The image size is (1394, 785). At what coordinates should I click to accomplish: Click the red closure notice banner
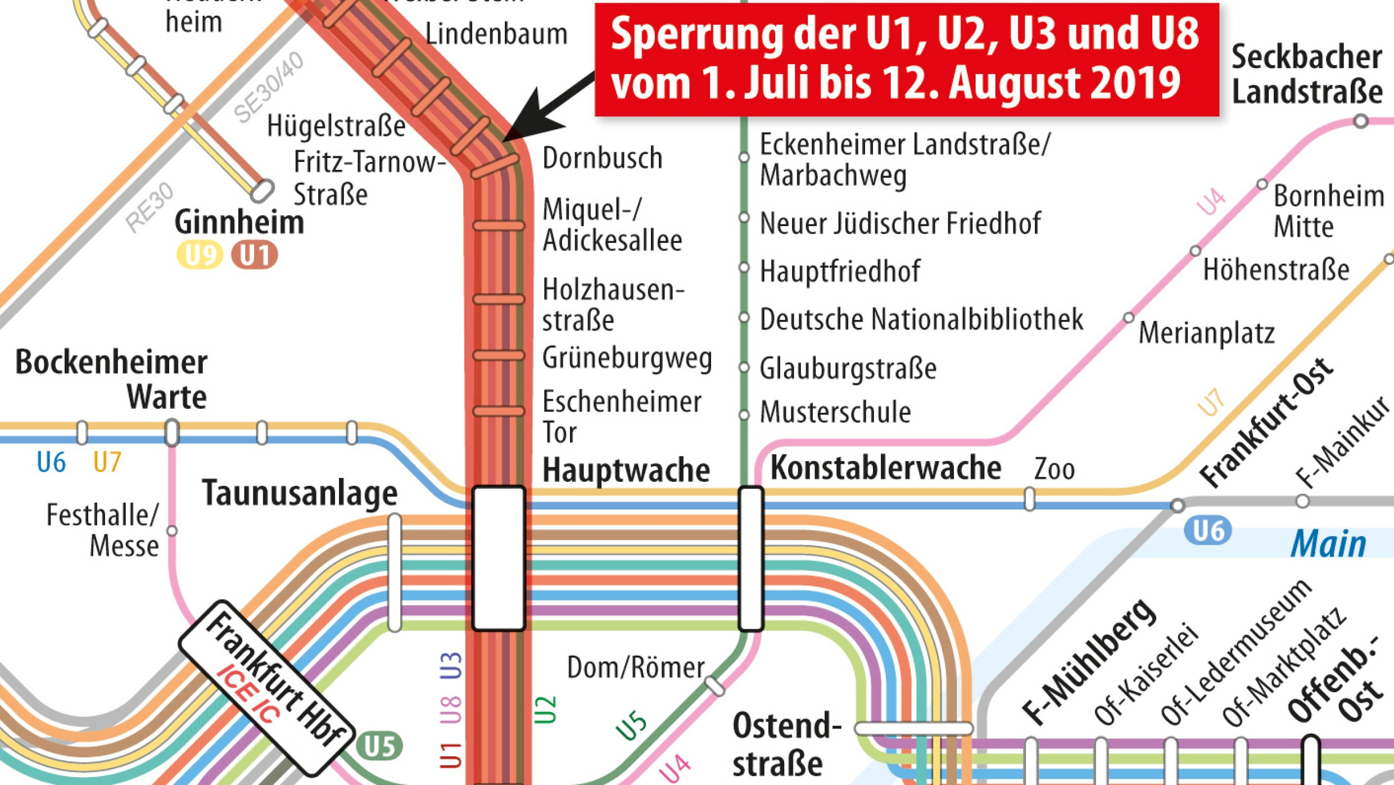pyautogui.click(x=906, y=59)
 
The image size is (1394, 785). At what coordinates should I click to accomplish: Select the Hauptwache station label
pyautogui.click(x=626, y=470)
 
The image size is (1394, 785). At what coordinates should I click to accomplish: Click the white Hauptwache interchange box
pyautogui.click(x=499, y=558)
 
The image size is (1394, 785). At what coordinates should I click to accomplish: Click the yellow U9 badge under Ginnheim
pyautogui.click(x=200, y=255)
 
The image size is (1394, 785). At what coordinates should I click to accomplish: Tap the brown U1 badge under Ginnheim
pyautogui.click(x=255, y=255)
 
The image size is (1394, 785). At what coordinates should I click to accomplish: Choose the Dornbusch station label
pyautogui.click(x=602, y=158)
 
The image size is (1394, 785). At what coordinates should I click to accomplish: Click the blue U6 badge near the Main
pyautogui.click(x=1207, y=531)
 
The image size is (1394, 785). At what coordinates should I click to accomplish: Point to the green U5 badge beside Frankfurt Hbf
pyautogui.click(x=380, y=746)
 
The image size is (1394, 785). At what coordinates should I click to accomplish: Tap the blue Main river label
pyautogui.click(x=1328, y=544)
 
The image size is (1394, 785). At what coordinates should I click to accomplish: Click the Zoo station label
pyautogui.click(x=1054, y=469)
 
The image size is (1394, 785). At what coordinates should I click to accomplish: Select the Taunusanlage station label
pyautogui.click(x=300, y=494)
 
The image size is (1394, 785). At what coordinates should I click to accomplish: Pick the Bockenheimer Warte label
pyautogui.click(x=111, y=380)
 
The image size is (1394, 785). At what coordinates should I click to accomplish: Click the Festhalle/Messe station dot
pyautogui.click(x=172, y=531)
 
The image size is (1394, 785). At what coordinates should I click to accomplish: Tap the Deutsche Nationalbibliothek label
pyautogui.click(x=921, y=319)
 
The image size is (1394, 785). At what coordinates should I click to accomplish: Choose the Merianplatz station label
pyautogui.click(x=1206, y=333)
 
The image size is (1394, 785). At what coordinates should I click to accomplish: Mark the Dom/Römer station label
pyautogui.click(x=635, y=668)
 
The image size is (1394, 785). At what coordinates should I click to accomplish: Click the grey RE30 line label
pyautogui.click(x=150, y=207)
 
